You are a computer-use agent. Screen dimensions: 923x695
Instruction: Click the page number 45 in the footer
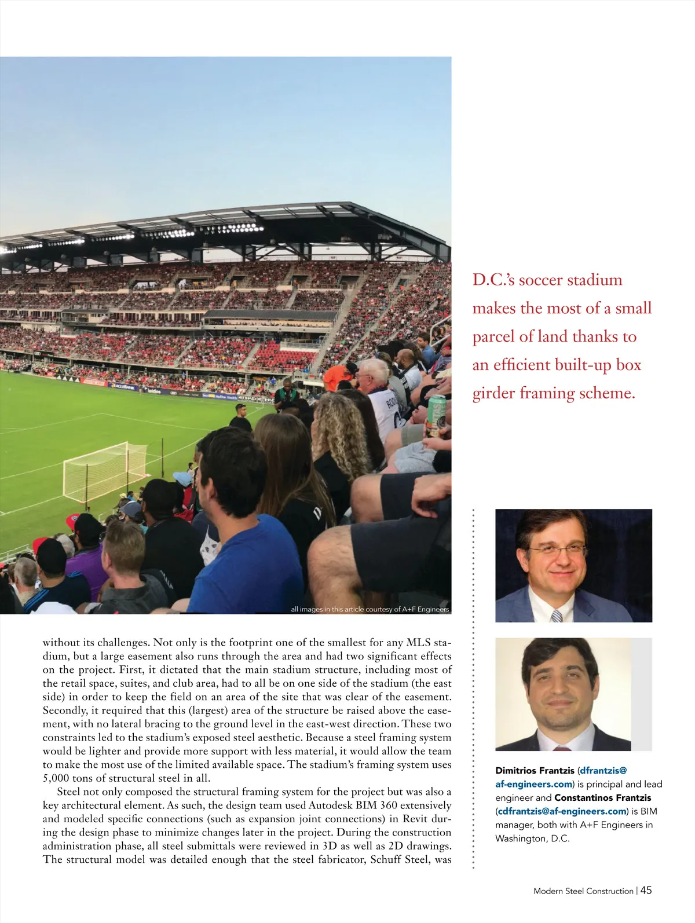point(646,891)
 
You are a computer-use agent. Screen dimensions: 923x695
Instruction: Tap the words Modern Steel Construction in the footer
point(583,891)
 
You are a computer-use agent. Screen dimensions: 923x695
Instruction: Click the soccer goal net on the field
point(104,470)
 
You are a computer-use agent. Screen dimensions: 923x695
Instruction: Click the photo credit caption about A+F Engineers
point(370,609)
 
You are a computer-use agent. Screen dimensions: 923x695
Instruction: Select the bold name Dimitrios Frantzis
point(535,771)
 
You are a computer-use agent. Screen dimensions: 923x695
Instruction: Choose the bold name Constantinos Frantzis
point(602,798)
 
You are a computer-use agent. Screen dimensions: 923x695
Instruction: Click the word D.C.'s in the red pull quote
point(493,280)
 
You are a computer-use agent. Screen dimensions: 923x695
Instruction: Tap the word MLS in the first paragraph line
point(419,643)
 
